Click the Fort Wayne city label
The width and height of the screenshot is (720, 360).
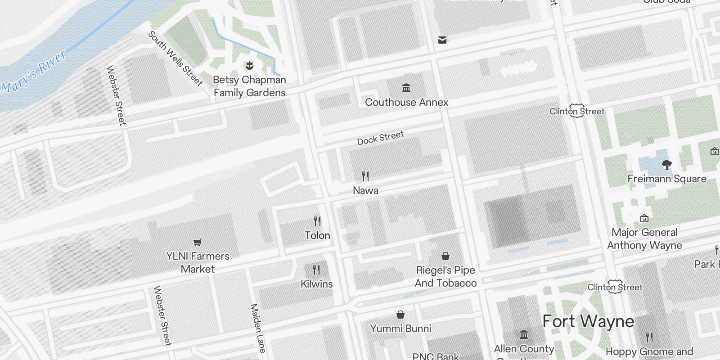[588, 322]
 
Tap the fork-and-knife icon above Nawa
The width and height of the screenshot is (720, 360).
[365, 176]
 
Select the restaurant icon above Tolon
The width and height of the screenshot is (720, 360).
[317, 221]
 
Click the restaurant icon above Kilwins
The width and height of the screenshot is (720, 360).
[316, 270]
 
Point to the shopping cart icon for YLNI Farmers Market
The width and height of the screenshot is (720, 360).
[197, 243]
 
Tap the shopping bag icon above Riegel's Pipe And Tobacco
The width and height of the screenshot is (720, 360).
[445, 256]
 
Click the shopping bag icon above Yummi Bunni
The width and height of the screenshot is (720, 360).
[400, 314]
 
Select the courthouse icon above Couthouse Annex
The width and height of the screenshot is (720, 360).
[406, 88]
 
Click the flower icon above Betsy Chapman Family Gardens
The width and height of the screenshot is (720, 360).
[249, 66]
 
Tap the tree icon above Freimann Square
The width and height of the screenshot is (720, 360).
[667, 164]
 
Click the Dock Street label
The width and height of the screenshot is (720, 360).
[381, 138]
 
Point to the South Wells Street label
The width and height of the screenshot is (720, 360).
[175, 58]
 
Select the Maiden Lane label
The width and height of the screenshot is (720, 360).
[258, 328]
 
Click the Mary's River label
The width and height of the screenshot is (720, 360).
[34, 72]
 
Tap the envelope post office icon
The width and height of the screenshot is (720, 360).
[442, 40]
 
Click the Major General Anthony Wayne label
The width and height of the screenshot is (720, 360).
[644, 239]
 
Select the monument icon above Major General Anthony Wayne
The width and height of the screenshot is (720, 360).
[644, 218]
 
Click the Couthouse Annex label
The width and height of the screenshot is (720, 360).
[406, 102]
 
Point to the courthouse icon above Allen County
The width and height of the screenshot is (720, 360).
[524, 335]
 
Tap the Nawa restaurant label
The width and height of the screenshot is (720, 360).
[365, 190]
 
